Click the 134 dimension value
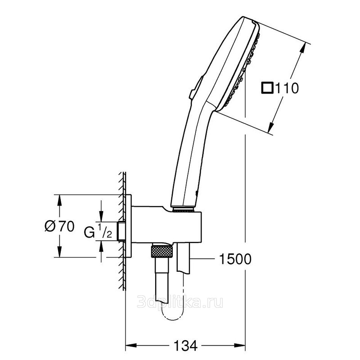[185, 345]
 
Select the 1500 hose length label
[235, 259]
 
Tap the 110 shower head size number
[287, 88]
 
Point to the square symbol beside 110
[267, 88]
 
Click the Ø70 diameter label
[59, 226]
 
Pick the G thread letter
[89, 232]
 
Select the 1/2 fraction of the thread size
[105, 230]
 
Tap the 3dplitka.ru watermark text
[180, 302]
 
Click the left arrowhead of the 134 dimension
[131, 345]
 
